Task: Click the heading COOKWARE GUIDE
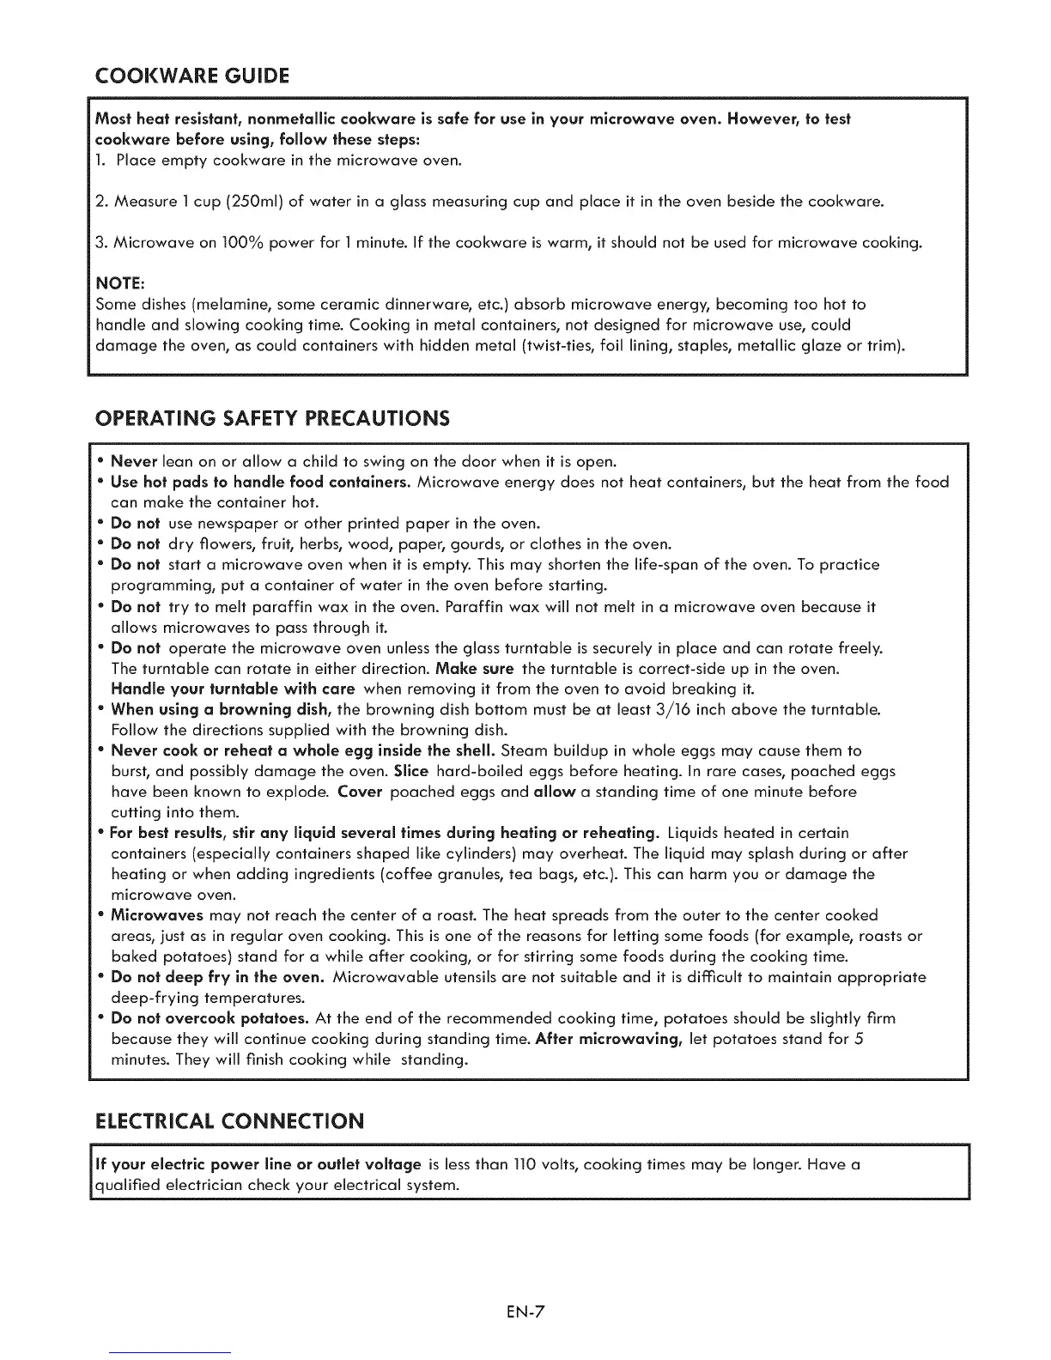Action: click(x=191, y=75)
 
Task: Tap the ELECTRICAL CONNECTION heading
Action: click(x=229, y=1121)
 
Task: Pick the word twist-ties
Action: click(x=550, y=346)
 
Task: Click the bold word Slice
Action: click(x=411, y=771)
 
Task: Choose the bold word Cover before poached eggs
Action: click(x=359, y=792)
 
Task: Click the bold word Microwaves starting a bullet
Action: click(x=157, y=915)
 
